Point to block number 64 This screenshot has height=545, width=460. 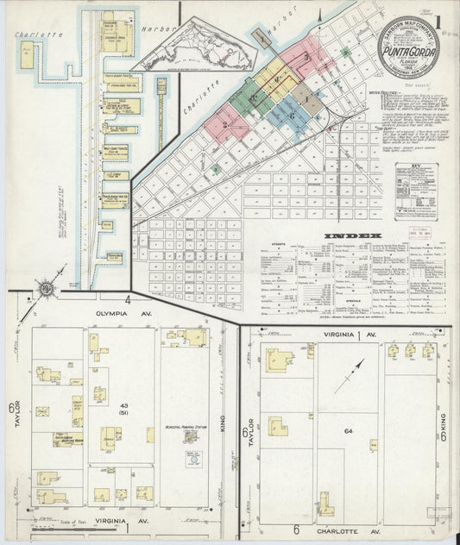pyautogui.click(x=349, y=431)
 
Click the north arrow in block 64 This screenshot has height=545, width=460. pyautogui.click(x=349, y=376)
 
